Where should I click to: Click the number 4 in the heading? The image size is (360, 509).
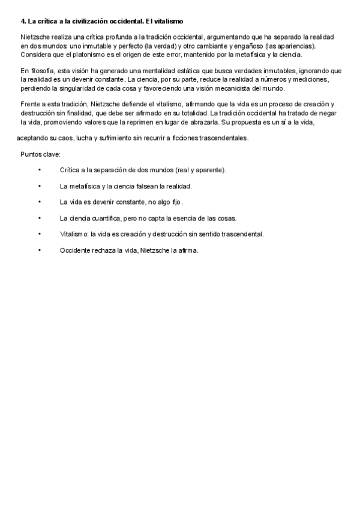pyautogui.click(x=22, y=22)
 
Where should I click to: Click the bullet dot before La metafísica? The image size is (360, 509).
pyautogui.click(x=39, y=186)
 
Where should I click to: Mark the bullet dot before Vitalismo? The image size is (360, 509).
pyautogui.click(x=39, y=234)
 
